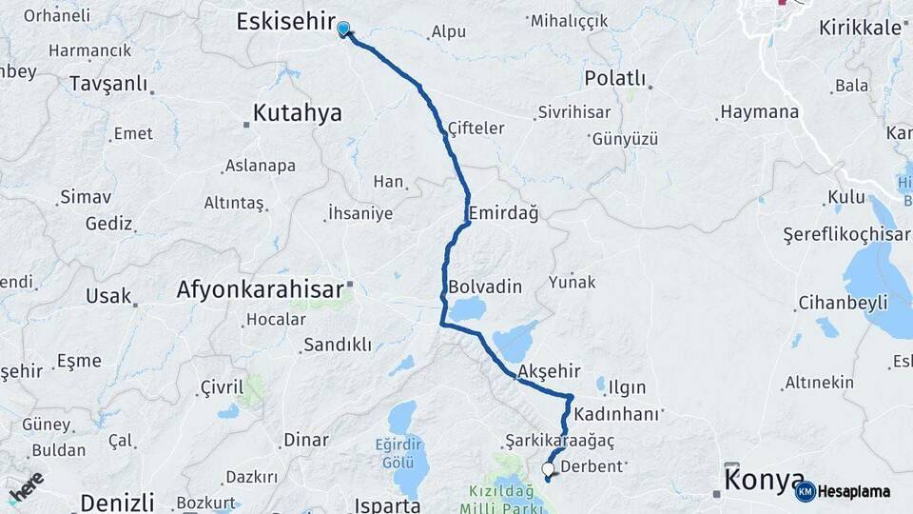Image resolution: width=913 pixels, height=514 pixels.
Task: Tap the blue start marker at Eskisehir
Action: [x=343, y=30]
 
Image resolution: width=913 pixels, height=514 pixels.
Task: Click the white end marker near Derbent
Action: [x=548, y=469]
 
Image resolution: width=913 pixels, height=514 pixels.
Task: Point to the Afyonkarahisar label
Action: [x=260, y=289]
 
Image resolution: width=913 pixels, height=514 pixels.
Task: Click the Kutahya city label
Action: [x=298, y=114]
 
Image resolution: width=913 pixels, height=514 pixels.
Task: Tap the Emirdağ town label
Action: [x=504, y=213]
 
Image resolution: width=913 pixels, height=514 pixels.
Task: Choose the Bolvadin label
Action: [x=485, y=286]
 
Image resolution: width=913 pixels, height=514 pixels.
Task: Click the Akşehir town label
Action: [x=549, y=372]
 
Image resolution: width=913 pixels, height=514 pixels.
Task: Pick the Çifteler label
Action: [x=476, y=128]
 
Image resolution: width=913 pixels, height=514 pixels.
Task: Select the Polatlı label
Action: [x=615, y=78]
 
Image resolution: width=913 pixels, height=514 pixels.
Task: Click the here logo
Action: [x=26, y=485]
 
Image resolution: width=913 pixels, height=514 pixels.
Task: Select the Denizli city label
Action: [x=117, y=502]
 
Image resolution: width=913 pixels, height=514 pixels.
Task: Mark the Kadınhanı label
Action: [x=615, y=415]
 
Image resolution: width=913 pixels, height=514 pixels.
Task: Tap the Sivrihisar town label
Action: [x=573, y=112]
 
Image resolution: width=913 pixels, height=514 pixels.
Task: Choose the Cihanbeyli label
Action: [x=843, y=303]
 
